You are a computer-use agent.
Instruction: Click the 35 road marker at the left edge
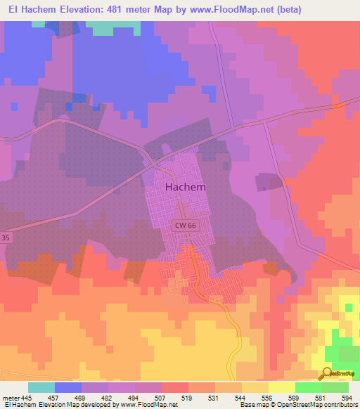[x=6, y=238]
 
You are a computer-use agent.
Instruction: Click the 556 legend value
[x=268, y=397]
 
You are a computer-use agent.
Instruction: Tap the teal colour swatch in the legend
[x=41, y=387]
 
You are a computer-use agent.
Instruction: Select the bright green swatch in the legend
[x=308, y=387]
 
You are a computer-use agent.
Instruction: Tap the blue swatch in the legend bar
[x=68, y=387]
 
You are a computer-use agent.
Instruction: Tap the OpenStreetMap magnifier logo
[x=326, y=372]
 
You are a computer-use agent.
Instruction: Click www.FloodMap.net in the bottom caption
[x=149, y=405]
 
